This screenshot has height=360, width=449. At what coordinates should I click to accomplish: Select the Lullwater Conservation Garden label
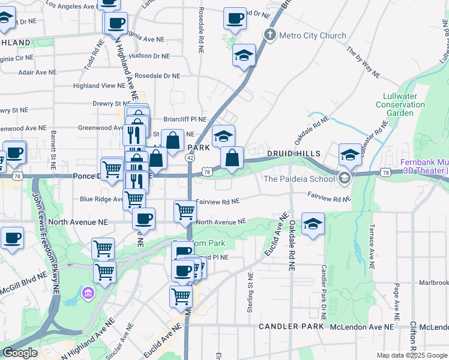404,104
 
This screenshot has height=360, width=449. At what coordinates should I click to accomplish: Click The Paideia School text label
298,178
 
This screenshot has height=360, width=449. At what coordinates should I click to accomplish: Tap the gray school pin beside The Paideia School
344,178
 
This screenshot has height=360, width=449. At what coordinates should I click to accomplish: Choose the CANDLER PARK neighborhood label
291,326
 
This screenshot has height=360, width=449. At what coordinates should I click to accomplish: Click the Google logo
20,353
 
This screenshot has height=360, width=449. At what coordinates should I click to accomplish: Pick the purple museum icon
88,293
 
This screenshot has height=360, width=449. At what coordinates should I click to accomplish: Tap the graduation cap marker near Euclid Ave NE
313,224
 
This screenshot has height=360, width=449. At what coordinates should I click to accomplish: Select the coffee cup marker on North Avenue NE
143,219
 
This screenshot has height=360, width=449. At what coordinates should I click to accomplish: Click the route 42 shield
190,157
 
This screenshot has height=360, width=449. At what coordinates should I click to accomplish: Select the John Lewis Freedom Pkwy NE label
46,242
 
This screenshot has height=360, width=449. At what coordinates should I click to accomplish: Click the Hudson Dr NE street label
149,56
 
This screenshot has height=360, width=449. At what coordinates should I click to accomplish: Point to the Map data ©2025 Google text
412,355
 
